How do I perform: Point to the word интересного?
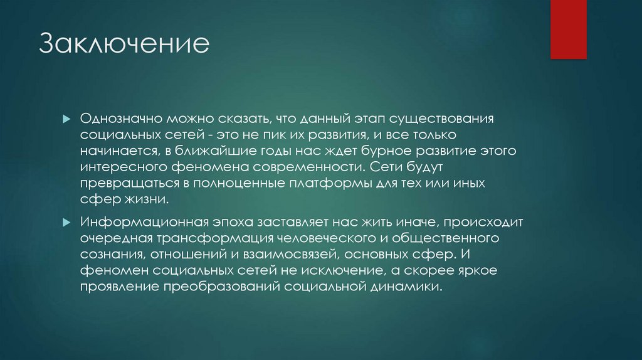click(122, 168)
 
